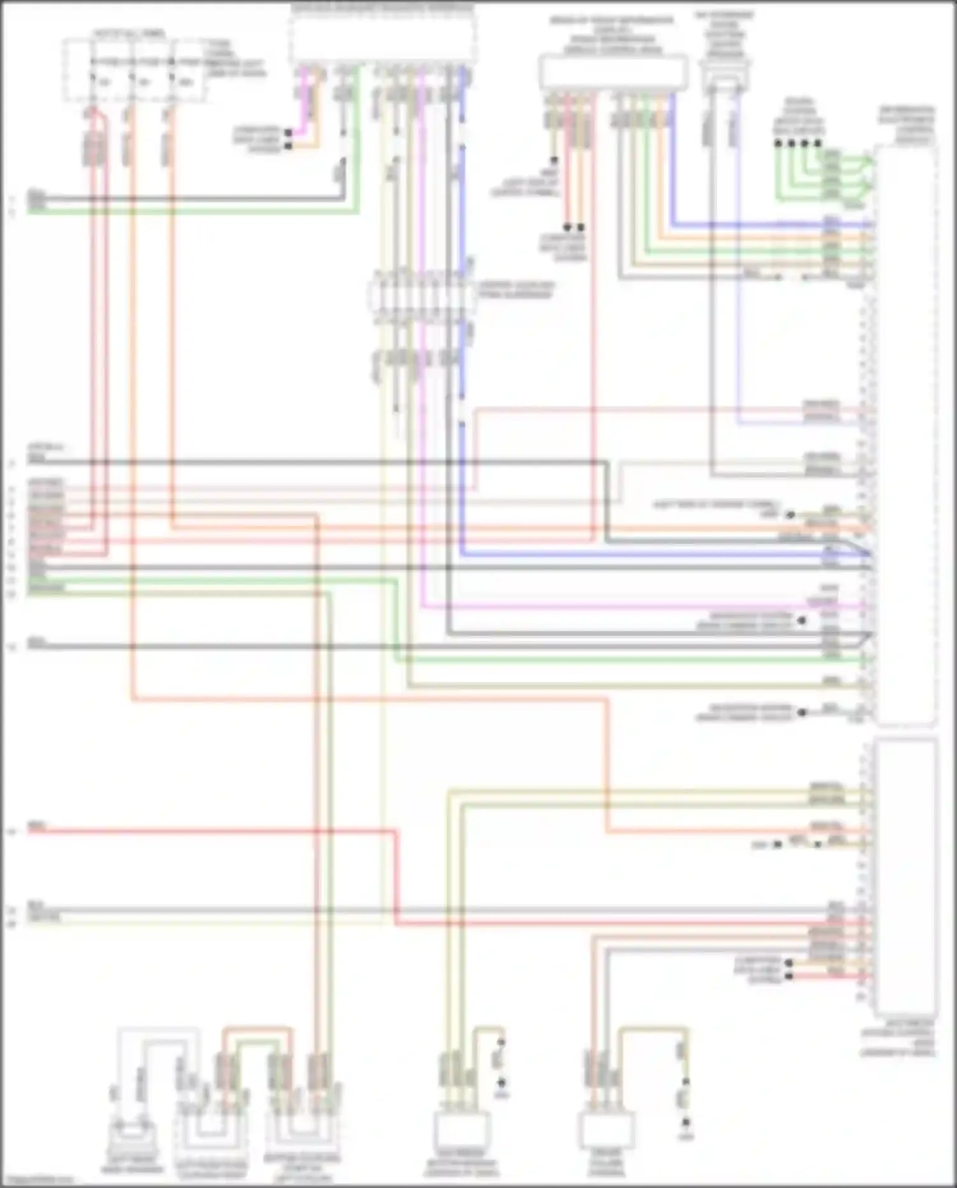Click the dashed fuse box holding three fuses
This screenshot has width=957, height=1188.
click(x=134, y=70)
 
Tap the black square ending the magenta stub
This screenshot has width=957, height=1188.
click(x=288, y=133)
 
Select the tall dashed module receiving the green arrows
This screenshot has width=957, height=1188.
click(x=906, y=434)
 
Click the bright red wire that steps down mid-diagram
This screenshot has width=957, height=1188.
click(x=211, y=831)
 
